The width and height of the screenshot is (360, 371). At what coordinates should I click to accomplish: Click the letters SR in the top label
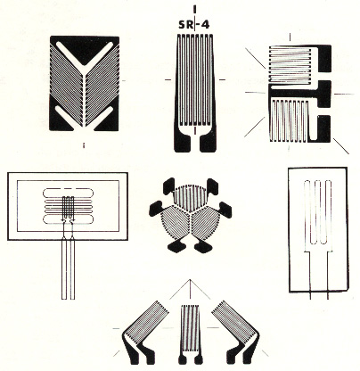(186, 25)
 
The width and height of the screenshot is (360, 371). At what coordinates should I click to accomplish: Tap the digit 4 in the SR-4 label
(205, 25)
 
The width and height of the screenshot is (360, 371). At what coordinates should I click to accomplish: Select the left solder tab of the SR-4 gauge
(183, 144)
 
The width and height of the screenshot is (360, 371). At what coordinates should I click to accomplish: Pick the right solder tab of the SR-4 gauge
(209, 144)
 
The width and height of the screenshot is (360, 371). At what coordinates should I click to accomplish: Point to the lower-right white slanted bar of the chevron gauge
(102, 118)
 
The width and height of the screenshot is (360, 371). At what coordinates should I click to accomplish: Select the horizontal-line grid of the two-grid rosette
(290, 64)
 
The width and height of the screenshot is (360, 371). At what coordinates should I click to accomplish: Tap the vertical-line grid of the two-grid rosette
(289, 120)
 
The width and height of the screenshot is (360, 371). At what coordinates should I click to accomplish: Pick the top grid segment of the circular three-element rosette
(187, 198)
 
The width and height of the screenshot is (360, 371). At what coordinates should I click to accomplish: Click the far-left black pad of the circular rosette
(156, 208)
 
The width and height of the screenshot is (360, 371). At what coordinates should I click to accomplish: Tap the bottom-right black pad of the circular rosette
(203, 246)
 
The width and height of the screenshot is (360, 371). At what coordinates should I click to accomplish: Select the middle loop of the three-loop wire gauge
(318, 211)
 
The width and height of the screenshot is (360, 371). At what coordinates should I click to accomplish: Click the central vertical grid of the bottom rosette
(191, 330)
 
